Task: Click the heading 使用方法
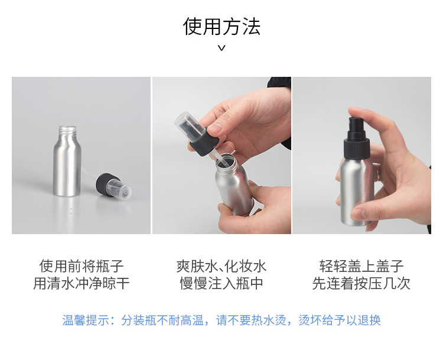click(x=221, y=27)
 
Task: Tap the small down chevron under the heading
click(x=221, y=48)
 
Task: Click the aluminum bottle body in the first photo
click(x=66, y=171)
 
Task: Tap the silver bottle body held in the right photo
click(x=357, y=189)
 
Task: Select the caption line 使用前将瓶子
click(x=82, y=266)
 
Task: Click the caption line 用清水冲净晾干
click(x=82, y=284)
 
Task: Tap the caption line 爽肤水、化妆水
click(x=221, y=266)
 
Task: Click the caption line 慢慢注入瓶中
click(x=221, y=284)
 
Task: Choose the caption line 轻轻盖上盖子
click(x=361, y=266)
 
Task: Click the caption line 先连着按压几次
click(x=361, y=284)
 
